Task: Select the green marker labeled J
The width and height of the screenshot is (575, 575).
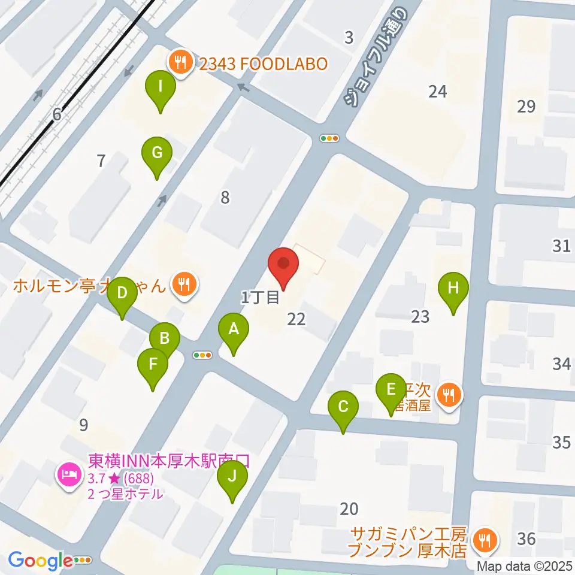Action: (234, 477)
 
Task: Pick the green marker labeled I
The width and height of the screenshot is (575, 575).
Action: (161, 86)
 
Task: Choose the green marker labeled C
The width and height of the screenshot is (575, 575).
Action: (343, 407)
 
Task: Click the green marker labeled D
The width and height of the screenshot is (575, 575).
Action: (122, 293)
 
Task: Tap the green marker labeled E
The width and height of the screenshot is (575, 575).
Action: (391, 389)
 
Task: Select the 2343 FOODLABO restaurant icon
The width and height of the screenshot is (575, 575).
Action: (179, 60)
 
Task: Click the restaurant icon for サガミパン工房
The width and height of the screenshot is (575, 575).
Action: (482, 541)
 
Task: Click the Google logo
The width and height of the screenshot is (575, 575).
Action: (40, 561)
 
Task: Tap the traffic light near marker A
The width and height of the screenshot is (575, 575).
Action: (203, 355)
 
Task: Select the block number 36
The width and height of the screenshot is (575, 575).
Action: (526, 538)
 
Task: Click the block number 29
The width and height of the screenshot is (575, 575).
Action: (526, 107)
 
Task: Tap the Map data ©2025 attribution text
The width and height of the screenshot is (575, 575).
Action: (525, 566)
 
